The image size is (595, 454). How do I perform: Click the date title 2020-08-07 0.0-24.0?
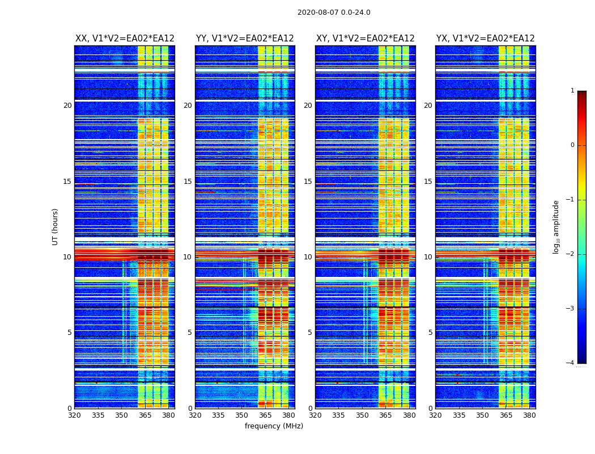tap(334, 12)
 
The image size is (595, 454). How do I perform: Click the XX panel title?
tap(125, 39)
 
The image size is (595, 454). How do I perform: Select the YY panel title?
tap(245, 39)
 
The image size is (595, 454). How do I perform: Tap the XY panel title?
tap(365, 39)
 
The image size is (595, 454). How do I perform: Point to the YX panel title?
tap(486, 39)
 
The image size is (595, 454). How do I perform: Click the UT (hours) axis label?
tap(56, 226)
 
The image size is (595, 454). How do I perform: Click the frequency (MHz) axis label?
tap(274, 426)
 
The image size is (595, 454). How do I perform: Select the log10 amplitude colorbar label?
tap(556, 226)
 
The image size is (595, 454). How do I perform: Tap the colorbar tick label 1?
tap(572, 91)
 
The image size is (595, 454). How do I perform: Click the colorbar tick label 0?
tap(572, 145)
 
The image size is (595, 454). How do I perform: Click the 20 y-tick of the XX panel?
tap(67, 106)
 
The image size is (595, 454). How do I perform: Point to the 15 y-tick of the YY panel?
tap(188, 182)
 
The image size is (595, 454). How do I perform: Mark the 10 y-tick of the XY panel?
tap(308, 257)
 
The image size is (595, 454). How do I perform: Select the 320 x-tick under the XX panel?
tap(75, 415)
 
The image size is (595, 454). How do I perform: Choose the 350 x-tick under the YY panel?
tap(241, 415)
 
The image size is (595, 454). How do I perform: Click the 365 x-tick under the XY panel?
tap(385, 415)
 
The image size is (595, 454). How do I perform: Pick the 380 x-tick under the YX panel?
tap(529, 415)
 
